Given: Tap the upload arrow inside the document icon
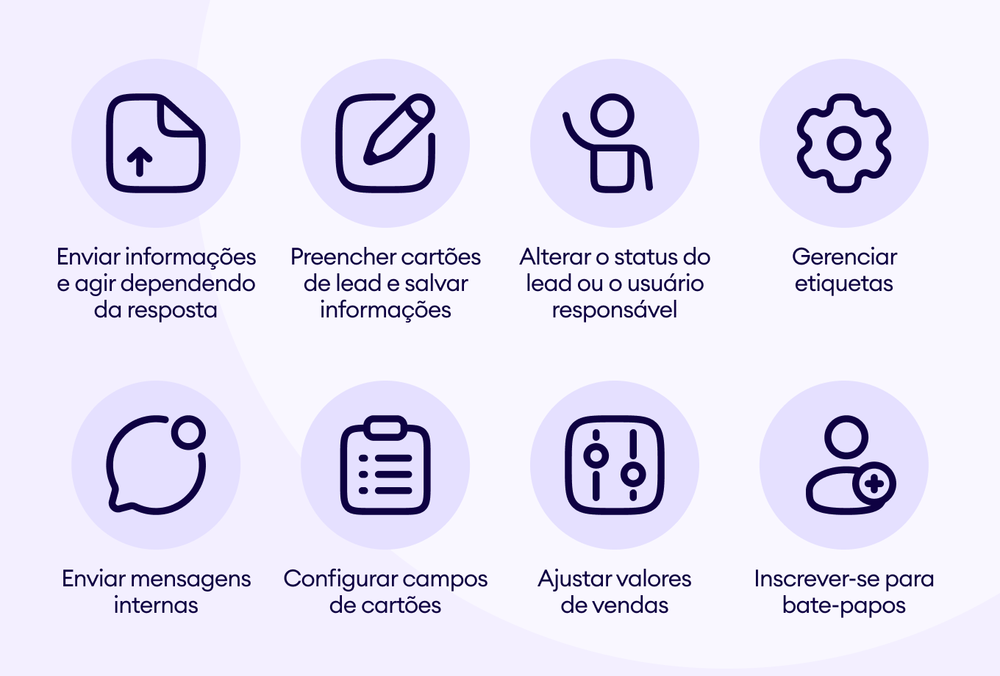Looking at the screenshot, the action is (140, 161).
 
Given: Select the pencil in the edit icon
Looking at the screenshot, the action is (399, 129).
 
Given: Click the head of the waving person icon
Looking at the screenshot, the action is (612, 115).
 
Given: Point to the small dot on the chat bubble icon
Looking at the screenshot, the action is (188, 432).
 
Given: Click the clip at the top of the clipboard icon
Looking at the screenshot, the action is (385, 428).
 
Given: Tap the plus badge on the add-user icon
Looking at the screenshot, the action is (874, 483).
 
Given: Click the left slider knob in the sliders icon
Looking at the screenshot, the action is (596, 456).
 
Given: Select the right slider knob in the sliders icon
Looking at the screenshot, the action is (633, 475).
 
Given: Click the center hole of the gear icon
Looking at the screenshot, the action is (844, 143).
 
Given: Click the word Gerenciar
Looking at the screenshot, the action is (844, 257).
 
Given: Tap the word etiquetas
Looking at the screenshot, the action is (844, 284).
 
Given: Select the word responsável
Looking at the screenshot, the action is (614, 310).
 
